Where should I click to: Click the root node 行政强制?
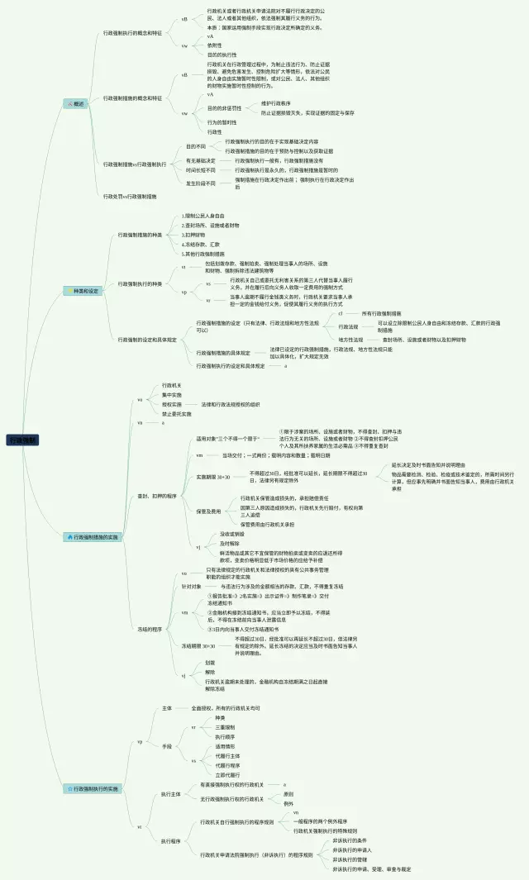[x=24, y=440]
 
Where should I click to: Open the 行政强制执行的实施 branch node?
[x=93, y=789]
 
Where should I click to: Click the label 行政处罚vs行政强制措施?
[x=130, y=196]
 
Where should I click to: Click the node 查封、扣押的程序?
[x=157, y=496]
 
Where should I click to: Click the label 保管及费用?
[x=208, y=511]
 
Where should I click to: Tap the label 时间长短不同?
[x=201, y=169]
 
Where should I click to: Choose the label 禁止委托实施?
[x=177, y=413]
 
